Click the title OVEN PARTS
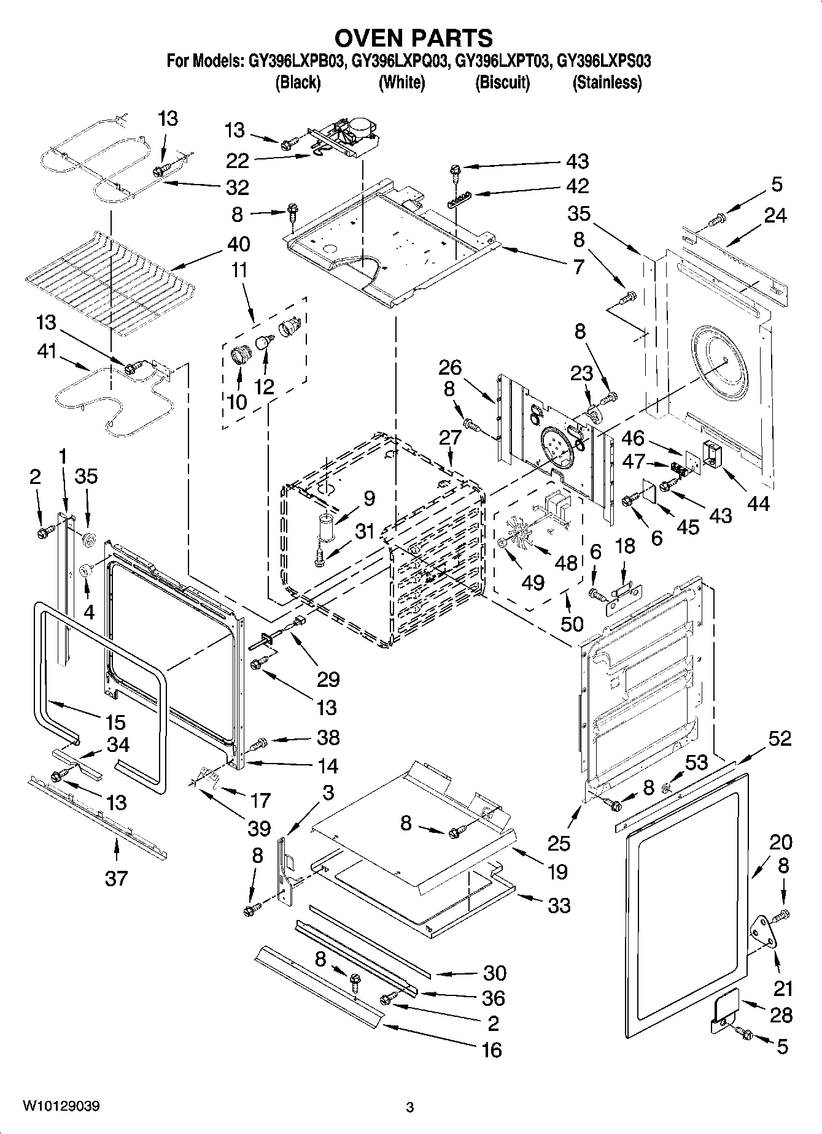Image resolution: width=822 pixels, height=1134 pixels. [413, 38]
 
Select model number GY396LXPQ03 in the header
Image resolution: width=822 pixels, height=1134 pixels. [401, 61]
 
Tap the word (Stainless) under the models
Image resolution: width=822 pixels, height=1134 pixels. [607, 82]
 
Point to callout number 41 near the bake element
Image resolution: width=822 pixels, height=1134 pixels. [47, 351]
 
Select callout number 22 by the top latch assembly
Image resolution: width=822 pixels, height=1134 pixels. [238, 161]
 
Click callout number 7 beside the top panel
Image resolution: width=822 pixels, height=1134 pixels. [578, 267]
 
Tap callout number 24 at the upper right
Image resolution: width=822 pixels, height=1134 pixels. [775, 215]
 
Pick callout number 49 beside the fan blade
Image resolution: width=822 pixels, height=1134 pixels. [533, 582]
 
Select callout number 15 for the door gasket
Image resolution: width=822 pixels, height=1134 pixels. [114, 722]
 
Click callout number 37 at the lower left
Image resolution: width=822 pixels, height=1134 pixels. [115, 878]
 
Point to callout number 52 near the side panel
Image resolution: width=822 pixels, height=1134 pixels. [779, 738]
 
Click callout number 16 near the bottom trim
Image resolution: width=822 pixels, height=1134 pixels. [492, 1050]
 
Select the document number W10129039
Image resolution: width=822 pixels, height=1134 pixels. [62, 1106]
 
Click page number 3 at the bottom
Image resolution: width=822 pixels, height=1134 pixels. [410, 1108]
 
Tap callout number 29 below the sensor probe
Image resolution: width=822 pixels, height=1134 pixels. [328, 680]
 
